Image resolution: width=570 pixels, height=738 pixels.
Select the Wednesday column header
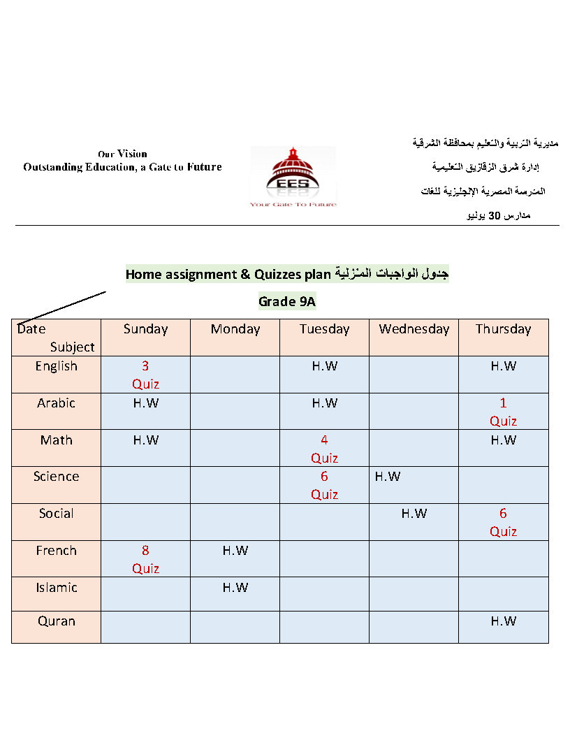coord(414,329)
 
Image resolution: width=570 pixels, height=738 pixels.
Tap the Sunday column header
coord(145,329)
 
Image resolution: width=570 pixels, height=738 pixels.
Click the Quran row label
coord(57,621)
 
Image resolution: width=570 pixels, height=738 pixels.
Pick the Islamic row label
coord(57,588)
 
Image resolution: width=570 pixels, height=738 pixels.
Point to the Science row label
coord(57,477)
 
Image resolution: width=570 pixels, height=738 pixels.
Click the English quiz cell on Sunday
coord(145,375)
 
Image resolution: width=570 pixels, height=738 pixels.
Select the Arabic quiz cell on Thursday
coord(503,412)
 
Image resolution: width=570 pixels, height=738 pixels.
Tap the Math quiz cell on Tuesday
coord(324,449)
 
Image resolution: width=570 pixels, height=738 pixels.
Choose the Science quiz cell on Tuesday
coord(324,485)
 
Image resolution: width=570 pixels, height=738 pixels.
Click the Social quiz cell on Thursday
coord(503,522)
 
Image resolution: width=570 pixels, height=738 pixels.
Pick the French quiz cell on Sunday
coord(145,559)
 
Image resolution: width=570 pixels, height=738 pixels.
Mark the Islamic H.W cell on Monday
coord(235,588)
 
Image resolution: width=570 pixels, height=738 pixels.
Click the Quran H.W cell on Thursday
coord(503,621)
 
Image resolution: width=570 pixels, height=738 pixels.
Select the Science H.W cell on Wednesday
coord(388,477)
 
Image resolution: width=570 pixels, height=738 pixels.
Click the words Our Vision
coord(122,154)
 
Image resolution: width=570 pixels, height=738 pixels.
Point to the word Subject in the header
coord(72,347)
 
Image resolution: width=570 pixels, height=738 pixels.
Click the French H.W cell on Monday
coord(235,551)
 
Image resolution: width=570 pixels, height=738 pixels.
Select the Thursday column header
coord(503,329)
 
